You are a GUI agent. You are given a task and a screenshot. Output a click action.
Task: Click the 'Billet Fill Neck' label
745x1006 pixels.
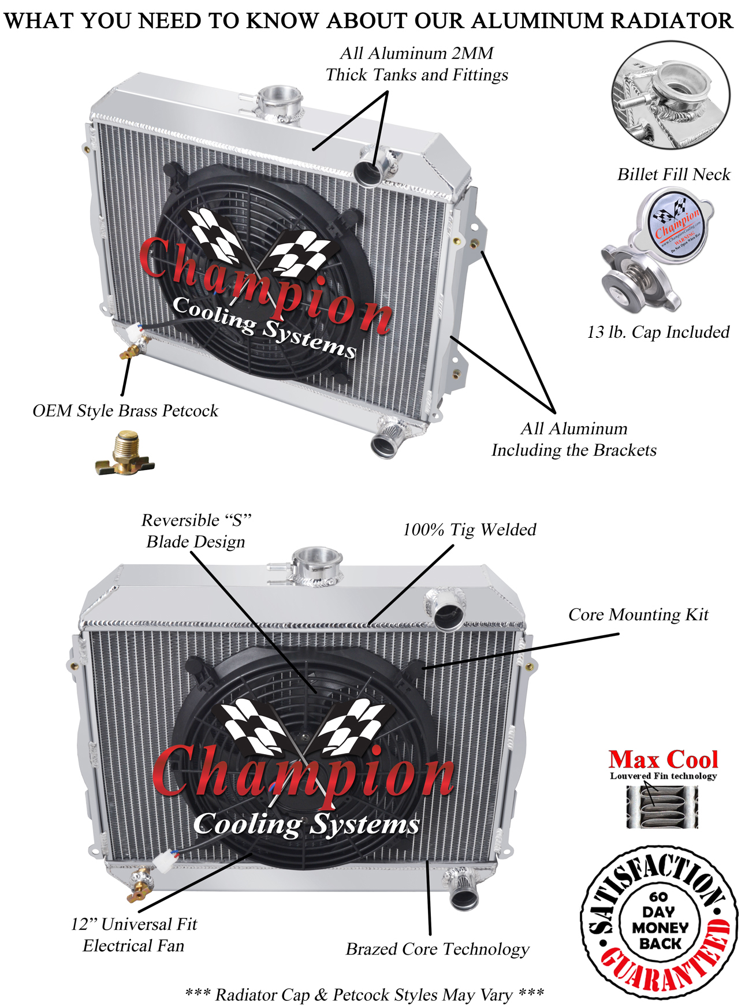coord(673,174)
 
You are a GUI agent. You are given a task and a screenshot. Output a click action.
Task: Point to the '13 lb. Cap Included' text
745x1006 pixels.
coord(658,332)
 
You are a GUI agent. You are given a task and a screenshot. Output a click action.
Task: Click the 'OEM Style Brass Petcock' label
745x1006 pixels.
coord(125,411)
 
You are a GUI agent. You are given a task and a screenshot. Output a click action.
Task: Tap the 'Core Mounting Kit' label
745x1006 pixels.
coord(638,614)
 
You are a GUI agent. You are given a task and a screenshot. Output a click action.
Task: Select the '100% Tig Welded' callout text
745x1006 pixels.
coord(469,530)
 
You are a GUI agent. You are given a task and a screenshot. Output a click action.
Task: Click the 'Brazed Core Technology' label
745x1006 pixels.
coord(437,949)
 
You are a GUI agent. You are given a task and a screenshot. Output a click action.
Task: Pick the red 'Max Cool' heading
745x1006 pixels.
coord(663,759)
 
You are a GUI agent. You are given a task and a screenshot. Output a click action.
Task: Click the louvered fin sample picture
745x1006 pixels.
coord(662,807)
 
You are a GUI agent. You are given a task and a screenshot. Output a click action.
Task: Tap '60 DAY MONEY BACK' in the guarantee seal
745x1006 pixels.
coord(660,921)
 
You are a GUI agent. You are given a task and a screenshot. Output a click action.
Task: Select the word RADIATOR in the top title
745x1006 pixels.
coord(672,21)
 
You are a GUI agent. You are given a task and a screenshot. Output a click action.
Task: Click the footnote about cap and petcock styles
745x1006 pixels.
coord(364,994)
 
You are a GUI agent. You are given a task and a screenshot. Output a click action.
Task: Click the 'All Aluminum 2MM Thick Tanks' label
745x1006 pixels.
coord(416,64)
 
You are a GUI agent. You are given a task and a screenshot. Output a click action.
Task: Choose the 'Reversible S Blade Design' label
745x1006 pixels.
coord(196,531)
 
